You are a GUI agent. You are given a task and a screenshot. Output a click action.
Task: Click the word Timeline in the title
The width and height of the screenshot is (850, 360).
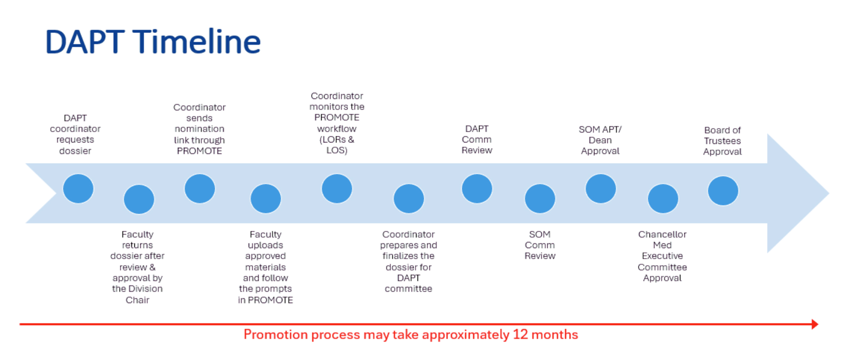click(197, 42)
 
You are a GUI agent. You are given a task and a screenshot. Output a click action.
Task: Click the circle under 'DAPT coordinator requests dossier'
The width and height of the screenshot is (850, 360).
click(78, 188)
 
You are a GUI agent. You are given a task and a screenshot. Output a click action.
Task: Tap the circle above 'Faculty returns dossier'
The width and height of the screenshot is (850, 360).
click(139, 199)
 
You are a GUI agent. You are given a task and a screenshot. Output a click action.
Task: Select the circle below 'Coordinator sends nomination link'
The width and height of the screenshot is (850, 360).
click(200, 188)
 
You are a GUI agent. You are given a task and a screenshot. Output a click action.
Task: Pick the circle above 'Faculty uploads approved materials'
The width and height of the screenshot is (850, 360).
click(266, 198)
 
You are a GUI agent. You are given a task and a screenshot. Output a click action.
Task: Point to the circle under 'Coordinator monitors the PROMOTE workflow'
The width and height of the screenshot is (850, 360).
click(337, 188)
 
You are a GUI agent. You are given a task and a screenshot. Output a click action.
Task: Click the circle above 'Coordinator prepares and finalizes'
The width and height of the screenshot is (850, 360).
click(409, 198)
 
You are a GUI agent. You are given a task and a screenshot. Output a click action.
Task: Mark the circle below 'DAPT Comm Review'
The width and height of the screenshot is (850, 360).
click(477, 188)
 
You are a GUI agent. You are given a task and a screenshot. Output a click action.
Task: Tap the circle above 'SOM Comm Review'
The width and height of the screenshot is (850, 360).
click(540, 198)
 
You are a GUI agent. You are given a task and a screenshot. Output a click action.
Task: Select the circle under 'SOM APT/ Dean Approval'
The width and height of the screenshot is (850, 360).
click(601, 188)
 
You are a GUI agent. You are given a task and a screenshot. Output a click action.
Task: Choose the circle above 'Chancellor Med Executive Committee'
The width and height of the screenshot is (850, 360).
click(663, 198)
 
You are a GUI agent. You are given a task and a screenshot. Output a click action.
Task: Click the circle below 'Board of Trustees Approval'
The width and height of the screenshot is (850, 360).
click(723, 190)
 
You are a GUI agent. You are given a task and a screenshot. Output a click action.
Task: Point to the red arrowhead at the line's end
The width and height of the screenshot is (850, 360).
click(814, 324)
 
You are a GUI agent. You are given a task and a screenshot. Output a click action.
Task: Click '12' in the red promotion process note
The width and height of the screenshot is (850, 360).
click(520, 335)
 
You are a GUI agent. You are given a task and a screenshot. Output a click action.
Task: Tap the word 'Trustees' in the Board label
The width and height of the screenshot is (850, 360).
click(722, 141)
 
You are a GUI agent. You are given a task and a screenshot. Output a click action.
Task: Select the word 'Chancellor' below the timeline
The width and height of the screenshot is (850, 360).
click(662, 235)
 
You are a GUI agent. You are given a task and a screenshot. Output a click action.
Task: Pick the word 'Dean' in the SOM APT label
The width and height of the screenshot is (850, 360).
click(600, 140)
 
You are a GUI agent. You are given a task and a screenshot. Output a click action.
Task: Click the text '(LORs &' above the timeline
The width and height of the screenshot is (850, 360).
click(337, 140)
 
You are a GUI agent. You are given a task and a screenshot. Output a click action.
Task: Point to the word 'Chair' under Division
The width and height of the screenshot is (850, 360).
click(137, 300)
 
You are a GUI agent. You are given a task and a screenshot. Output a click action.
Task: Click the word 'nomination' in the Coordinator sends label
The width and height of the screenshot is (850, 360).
click(199, 129)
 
